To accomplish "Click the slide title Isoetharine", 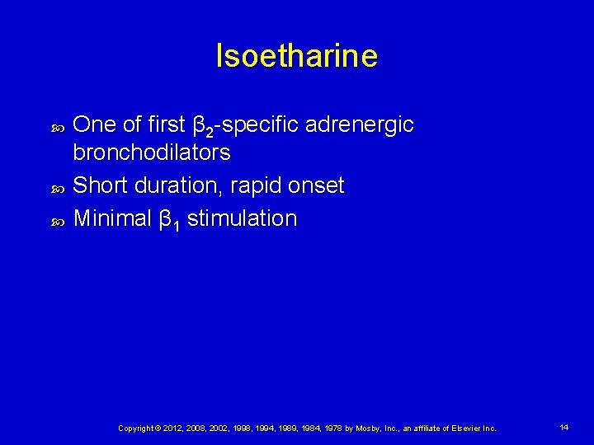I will pos(296,56).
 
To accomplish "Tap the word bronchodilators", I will pos(152,153).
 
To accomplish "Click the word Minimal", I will pos(112,218).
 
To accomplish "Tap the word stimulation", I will pos(242,218).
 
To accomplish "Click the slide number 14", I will pos(564,428).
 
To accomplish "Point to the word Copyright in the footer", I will pos(137,429).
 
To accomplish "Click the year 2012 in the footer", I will pos(174,429).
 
